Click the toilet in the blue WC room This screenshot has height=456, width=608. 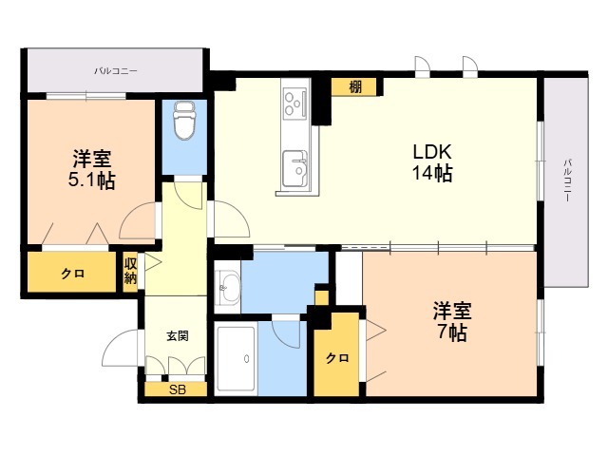[x=184, y=121]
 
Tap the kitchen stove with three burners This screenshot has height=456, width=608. [x=295, y=103]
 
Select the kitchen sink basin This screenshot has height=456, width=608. [x=295, y=169]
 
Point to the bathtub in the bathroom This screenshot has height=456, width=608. [x=236, y=359]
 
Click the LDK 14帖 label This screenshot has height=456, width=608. [x=432, y=162]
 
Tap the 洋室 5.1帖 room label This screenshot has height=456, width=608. [x=92, y=169]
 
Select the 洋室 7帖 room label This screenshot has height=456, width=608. [x=452, y=321]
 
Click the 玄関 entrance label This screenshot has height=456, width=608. [x=178, y=335]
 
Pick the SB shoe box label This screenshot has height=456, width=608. [x=178, y=389]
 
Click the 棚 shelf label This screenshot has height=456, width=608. [x=355, y=86]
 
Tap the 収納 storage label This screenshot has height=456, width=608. [x=130, y=272]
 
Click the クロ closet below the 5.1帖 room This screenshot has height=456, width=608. [x=72, y=274]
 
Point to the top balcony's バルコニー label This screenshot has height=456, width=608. [x=116, y=71]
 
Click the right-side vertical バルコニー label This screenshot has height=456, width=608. [x=567, y=180]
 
